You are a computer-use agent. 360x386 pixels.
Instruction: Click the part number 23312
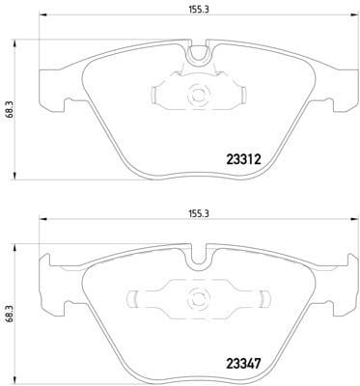click(243, 159)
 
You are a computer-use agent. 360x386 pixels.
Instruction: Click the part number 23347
click(243, 364)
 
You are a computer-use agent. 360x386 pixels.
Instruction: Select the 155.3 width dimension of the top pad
click(198, 10)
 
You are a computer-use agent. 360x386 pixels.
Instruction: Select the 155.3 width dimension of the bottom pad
click(198, 214)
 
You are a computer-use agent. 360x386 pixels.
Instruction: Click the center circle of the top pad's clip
click(197, 95)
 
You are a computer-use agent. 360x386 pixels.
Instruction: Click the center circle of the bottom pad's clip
click(197, 298)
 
